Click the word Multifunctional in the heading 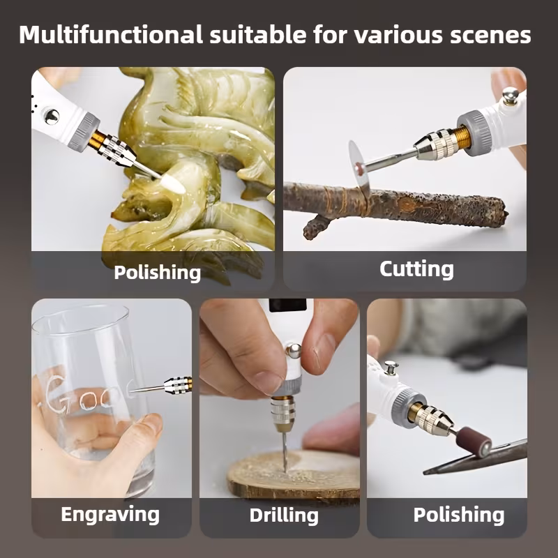(111, 34)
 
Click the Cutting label (416, 269)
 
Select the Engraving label (110, 515)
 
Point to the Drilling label (284, 515)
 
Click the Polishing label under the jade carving (158, 273)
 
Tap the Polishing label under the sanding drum (459, 515)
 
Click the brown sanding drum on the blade (474, 442)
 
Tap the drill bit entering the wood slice (285, 451)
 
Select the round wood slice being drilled (294, 474)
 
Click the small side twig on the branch (317, 225)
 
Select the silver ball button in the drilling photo (293, 352)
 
